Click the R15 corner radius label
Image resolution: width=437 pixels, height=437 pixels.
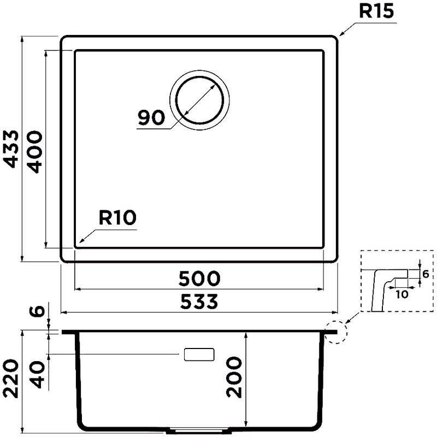(376, 11)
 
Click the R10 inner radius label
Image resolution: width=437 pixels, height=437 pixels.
(117, 217)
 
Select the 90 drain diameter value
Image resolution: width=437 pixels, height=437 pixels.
(151, 117)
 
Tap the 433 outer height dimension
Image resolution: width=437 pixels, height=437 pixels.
(11, 149)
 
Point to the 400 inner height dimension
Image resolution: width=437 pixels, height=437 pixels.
(36, 152)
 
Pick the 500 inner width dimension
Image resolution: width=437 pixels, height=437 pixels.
(199, 279)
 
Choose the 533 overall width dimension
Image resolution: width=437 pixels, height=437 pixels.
(199, 302)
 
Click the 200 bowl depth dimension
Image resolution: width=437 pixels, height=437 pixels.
(234, 377)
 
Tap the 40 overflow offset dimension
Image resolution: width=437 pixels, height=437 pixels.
(37, 375)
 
